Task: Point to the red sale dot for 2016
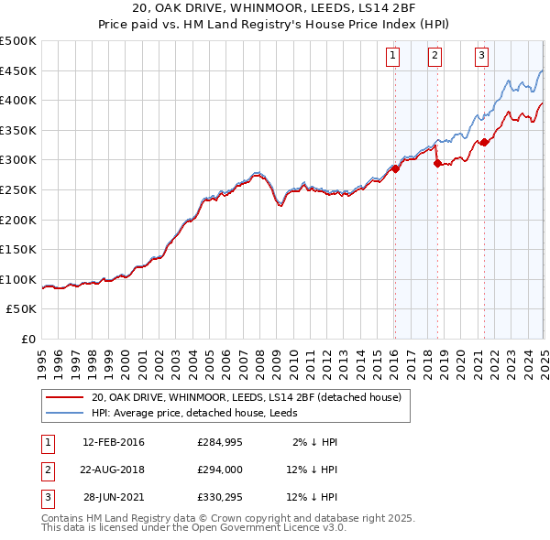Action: pyautogui.click(x=395, y=168)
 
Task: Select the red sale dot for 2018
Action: pyautogui.click(x=437, y=163)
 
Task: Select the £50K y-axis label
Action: pyautogui.click(x=22, y=308)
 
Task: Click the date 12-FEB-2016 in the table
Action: pyautogui.click(x=114, y=442)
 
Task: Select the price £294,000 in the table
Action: pyautogui.click(x=219, y=470)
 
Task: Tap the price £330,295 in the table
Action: pyautogui.click(x=219, y=497)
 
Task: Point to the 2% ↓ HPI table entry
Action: pyautogui.click(x=315, y=442)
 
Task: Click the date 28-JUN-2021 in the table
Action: pyautogui.click(x=114, y=497)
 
